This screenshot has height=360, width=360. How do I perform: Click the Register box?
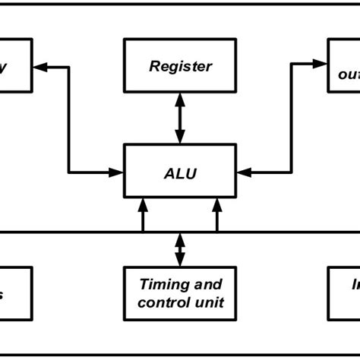click(180, 65)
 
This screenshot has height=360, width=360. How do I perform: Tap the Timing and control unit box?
click(180, 292)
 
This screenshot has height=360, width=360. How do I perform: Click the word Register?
click(180, 66)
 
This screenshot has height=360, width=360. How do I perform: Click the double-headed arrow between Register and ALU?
click(180, 118)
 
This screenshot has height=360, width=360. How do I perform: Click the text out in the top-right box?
click(348, 74)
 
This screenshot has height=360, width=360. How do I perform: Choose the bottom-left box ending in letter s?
click(15, 292)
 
